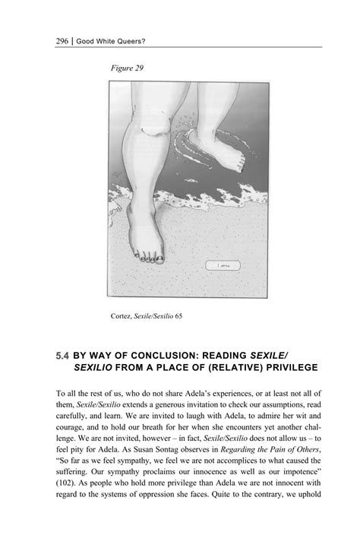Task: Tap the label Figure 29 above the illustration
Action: click(126, 68)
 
